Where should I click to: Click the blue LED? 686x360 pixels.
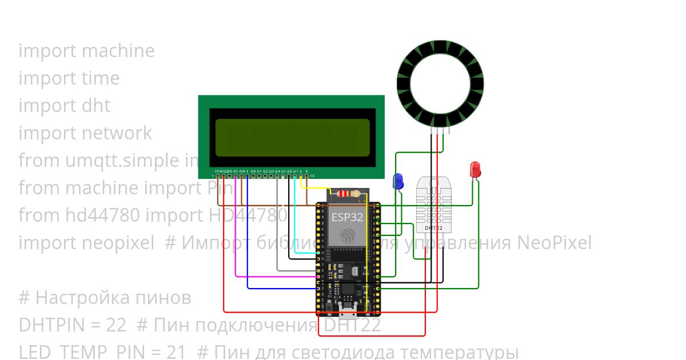[x=398, y=182]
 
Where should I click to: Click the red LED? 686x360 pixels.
[x=475, y=169]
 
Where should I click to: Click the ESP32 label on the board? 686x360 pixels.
[x=347, y=217]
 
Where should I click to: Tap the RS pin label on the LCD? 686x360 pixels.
[x=236, y=171]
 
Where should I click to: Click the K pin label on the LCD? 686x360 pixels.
[x=307, y=171]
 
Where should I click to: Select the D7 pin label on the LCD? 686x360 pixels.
[x=295, y=171]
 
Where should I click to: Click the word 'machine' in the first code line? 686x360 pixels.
[x=118, y=51]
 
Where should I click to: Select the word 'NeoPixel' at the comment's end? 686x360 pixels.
[x=554, y=243]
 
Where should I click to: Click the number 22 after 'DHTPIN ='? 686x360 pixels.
[x=116, y=325]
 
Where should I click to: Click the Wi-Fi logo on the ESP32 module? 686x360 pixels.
[x=347, y=235]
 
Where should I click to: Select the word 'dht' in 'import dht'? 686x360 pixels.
[x=96, y=106]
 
